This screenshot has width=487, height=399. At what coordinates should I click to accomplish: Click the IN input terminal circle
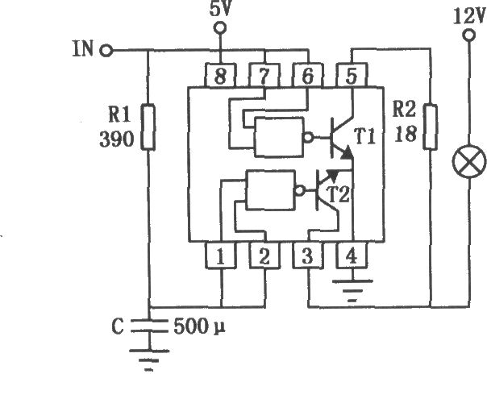point(106,51)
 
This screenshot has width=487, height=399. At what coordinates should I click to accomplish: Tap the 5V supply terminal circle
point(220,28)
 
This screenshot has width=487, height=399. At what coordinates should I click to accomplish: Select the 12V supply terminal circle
point(468,35)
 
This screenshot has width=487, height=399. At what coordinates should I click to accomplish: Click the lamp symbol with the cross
point(469,161)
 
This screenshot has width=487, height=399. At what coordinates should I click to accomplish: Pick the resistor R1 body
point(148,127)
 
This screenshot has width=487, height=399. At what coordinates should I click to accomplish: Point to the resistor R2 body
point(431,127)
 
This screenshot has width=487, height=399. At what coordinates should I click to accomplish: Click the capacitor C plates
point(149,326)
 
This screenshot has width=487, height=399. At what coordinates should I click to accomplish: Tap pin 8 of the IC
point(220,76)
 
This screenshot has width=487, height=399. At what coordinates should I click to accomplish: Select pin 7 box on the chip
point(264,76)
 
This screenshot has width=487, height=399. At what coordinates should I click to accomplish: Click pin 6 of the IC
point(308,76)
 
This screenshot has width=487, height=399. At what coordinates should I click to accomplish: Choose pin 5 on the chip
point(352,76)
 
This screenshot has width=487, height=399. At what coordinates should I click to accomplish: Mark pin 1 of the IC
point(220,256)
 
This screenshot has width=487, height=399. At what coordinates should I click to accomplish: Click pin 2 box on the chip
point(264,256)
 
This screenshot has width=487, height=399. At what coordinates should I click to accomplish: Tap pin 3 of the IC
point(308,256)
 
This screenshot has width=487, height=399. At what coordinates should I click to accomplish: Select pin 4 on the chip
point(352,256)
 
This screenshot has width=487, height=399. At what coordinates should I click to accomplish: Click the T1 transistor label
point(365,137)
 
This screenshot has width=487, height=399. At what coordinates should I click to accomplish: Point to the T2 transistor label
point(339,195)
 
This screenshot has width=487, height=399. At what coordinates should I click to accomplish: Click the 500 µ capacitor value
point(199,326)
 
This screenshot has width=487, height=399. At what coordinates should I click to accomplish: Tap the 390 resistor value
point(116,139)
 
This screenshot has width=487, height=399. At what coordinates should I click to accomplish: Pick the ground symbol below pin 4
point(352,291)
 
